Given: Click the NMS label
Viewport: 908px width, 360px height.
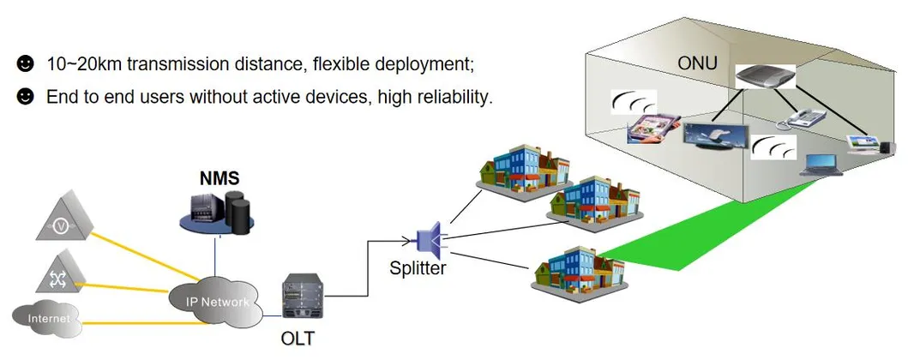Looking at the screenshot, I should click(219, 178).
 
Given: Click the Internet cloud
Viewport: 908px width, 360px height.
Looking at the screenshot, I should click(48, 320).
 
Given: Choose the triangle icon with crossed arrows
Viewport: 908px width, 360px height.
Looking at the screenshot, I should click(60, 274).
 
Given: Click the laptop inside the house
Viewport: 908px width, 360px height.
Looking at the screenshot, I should click(821, 163).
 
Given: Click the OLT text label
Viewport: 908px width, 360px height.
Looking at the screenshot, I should click(298, 339).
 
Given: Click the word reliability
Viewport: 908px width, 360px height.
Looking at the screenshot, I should click(452, 97).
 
